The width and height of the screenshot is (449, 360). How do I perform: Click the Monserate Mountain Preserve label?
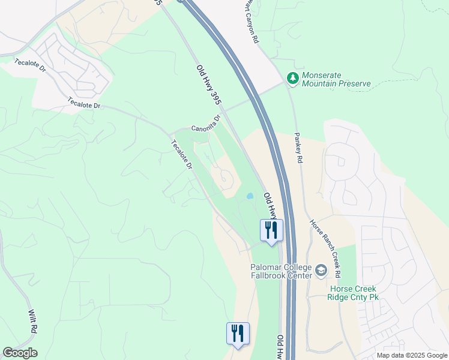coord(336,80)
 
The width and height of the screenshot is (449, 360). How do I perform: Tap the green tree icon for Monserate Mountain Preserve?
coord(292,77)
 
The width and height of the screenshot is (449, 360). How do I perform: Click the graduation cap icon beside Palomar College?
coord(321,271)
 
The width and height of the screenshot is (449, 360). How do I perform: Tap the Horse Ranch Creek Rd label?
coord(325,248)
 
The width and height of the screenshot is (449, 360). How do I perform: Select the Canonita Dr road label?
coord(206,123)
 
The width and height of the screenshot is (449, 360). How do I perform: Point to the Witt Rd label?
coord(33,322)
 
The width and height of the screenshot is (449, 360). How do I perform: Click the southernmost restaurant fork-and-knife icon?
coord(238,333)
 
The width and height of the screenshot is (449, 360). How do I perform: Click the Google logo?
coord(20,353)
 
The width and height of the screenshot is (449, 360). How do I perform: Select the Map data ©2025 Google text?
coord(411,355)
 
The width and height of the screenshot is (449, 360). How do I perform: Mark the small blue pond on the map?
coord(249,196)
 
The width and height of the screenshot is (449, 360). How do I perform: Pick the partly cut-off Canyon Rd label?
coord(251,21)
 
